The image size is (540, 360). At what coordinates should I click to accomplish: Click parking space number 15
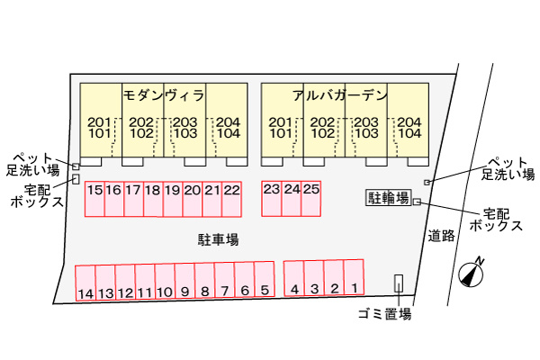94,199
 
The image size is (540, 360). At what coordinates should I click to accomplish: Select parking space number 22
231,199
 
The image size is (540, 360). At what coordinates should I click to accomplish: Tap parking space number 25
311,198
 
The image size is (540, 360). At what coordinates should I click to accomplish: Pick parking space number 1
354,277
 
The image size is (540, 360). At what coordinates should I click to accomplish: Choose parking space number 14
85,283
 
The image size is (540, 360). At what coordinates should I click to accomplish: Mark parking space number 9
184,280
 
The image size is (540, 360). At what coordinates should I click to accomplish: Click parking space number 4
294,278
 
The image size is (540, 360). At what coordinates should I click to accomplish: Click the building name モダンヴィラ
164,95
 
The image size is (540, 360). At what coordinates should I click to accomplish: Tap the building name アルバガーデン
340,95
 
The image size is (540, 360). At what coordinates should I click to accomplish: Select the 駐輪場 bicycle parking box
389,198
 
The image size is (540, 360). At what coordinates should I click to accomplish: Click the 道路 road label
442,236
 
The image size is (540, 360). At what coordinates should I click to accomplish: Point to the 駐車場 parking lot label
219,239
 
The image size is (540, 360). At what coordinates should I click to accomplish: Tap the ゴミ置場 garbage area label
384,314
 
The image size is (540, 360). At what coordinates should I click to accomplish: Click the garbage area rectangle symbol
399,283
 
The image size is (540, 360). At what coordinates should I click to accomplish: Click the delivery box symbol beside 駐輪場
417,202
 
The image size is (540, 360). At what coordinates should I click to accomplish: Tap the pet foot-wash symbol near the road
427,182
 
